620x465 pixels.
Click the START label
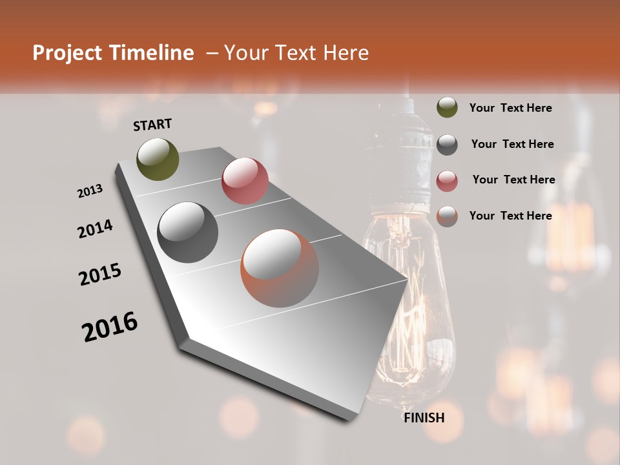click(152, 125)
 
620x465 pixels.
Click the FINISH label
click(424, 418)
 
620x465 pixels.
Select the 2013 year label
click(90, 191)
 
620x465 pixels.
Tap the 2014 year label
click(95, 229)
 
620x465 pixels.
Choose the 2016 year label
click(110, 327)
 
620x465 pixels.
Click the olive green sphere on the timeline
click(158, 159)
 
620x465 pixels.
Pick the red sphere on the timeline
click(245, 181)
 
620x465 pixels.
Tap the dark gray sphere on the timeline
click(188, 232)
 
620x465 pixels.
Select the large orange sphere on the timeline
click(280, 268)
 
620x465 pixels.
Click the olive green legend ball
click(447, 107)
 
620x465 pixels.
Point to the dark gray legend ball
click(447, 145)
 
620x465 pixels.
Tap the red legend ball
click(447, 181)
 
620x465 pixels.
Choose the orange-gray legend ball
click(447, 216)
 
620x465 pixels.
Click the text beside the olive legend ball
click(510, 108)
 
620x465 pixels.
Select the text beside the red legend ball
click(513, 180)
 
